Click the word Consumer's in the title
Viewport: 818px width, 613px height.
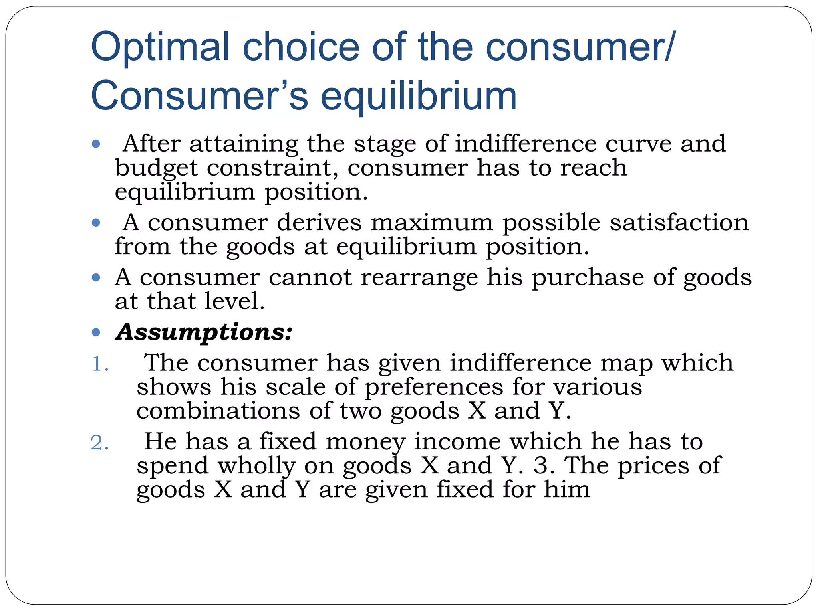200,96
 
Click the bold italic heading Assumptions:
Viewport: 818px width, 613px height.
204,332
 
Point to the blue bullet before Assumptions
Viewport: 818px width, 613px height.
96,332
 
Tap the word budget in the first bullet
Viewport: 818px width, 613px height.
156,168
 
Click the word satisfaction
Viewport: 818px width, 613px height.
679,222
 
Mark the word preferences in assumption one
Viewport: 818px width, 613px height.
434,387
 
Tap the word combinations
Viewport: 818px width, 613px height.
218,411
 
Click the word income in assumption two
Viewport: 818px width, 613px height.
457,442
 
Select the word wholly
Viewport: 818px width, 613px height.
256,466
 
